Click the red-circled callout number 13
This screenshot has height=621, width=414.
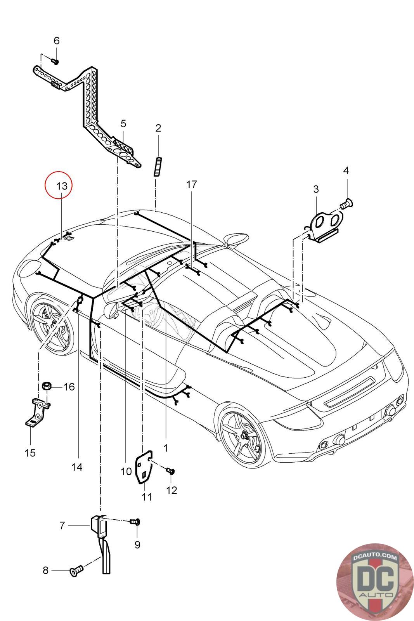(x=62, y=186)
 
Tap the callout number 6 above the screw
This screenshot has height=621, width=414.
(x=57, y=40)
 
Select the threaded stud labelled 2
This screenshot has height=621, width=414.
(x=158, y=166)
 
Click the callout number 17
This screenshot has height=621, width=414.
(x=192, y=184)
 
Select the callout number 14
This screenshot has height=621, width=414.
(x=77, y=467)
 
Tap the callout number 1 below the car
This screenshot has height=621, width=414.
(x=166, y=448)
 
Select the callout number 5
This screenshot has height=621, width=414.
(x=123, y=124)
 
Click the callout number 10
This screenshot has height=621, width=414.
(x=126, y=472)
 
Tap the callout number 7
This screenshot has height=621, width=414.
(x=62, y=526)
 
